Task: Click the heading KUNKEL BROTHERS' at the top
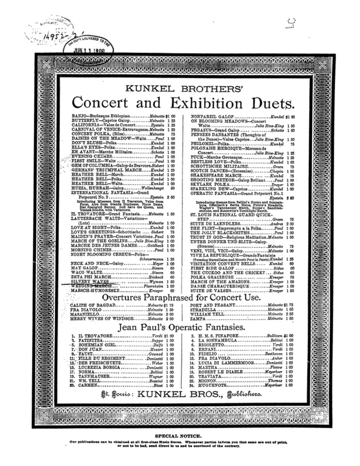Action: point(179,89)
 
